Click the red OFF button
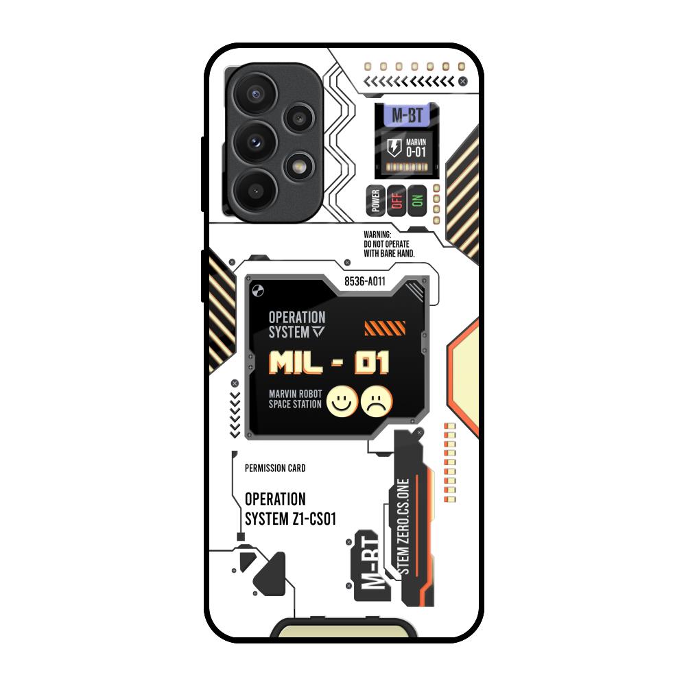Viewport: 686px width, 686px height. (x=396, y=200)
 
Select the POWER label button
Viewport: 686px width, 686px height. (x=375, y=200)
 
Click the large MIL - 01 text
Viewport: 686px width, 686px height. (x=329, y=363)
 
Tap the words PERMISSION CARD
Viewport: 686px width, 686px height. (x=275, y=469)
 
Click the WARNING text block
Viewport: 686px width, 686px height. (x=389, y=244)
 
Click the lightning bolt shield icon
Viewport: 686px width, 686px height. (x=394, y=146)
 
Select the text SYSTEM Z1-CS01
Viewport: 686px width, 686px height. (x=290, y=519)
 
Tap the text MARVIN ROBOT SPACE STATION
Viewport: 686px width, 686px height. (x=296, y=399)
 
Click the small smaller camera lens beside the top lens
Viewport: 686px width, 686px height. (x=298, y=119)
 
